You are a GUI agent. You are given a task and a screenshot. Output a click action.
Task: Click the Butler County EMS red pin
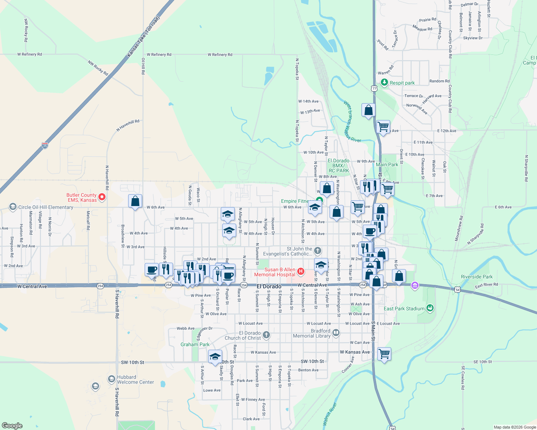pos(102,197)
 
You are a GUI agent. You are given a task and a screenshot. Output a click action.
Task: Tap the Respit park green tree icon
pos(384,82)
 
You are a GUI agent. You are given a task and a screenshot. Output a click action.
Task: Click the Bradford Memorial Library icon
pos(336,333)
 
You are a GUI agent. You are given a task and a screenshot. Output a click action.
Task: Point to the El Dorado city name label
pos(269,286)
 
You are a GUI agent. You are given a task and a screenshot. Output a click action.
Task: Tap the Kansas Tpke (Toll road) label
pos(143,37)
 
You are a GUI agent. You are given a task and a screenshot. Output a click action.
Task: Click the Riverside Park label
pos(477,277)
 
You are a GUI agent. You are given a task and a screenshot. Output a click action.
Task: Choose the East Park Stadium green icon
pos(430,308)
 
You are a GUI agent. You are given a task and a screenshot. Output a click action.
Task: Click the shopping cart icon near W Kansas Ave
pos(384,354)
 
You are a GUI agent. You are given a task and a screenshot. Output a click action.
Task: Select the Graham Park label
pos(195,344)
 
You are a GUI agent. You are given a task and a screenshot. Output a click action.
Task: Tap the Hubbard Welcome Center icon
pos(111,379)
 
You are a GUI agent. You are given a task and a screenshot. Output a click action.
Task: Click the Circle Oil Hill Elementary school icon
pos(13,207)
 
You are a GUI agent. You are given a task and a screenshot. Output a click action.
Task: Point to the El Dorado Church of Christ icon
pos(266,335)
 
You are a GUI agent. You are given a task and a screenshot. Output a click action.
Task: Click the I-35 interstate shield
pos(45,145)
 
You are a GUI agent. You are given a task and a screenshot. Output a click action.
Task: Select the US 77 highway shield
pos(374,88)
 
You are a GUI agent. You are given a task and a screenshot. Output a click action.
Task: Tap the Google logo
pos(12,426)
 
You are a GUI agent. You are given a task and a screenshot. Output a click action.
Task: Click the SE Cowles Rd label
pos(463,378)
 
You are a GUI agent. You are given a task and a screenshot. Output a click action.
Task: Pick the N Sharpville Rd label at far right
pos(526,168)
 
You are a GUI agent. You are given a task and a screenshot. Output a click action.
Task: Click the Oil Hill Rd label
pos(143,66)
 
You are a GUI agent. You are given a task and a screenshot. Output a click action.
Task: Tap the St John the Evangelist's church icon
pos(317,250)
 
